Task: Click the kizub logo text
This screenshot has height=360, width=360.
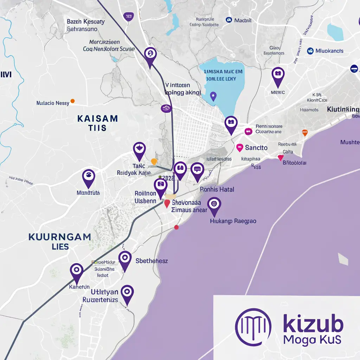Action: pos(313,324)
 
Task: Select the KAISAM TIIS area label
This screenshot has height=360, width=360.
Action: pos(97,123)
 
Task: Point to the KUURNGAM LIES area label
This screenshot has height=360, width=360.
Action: pos(60,241)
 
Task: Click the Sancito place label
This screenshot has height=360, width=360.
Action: pos(256,148)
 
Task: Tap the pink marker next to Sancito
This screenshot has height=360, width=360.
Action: pos(240,147)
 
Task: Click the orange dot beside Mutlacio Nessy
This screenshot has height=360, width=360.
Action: pos(73,101)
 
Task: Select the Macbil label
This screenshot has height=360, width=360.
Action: pos(243,20)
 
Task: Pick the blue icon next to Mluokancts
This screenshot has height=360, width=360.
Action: pos(310,51)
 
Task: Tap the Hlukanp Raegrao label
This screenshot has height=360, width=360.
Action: pos(233,221)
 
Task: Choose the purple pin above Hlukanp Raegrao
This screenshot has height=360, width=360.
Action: pos(214,206)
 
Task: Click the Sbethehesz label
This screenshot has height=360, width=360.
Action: pos(152,261)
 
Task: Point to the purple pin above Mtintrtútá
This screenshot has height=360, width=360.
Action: pos(88,177)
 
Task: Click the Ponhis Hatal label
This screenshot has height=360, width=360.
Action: pos(217,189)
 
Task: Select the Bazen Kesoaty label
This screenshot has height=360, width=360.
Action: pos(86,21)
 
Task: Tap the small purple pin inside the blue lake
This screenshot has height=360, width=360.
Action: pos(212,96)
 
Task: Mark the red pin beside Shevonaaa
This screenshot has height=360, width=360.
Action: pos(167,204)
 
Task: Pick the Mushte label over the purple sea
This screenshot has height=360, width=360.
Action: pos(349,142)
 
